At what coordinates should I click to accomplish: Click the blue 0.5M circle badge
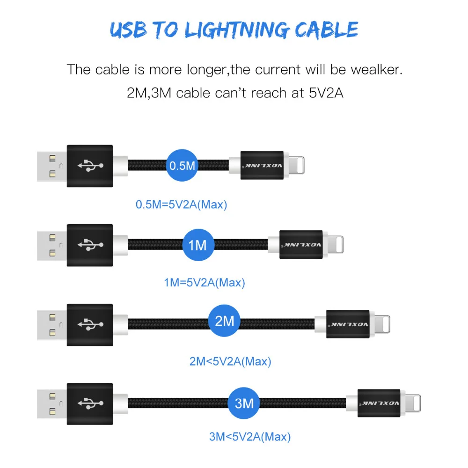(x=182, y=165)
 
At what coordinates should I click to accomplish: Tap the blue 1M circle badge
(x=198, y=244)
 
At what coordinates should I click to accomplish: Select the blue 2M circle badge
(x=224, y=321)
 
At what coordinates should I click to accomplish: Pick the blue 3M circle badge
(x=244, y=402)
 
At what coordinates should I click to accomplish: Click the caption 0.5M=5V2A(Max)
(x=181, y=205)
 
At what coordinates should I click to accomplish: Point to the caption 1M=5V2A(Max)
(x=205, y=282)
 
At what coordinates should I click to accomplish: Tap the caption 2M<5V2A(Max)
(x=230, y=361)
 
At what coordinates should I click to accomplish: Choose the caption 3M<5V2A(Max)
(x=250, y=437)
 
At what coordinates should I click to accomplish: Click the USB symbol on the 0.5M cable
(x=89, y=165)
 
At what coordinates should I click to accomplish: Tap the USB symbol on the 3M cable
(x=89, y=402)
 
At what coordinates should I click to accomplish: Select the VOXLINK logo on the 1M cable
(x=301, y=244)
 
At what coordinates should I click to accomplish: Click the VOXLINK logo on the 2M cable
(x=348, y=323)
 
